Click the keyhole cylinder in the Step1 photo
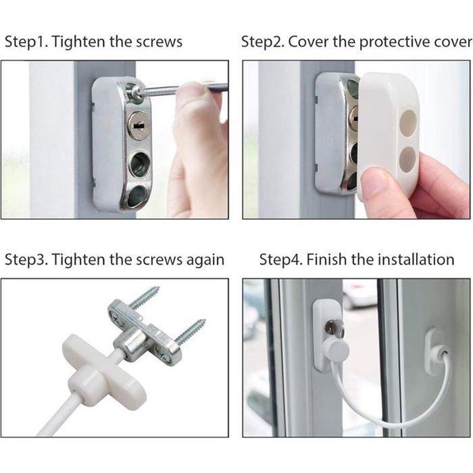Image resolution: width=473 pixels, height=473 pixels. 137,124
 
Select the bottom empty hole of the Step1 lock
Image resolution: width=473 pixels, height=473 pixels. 138,194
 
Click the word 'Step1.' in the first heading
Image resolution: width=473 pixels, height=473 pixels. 26,42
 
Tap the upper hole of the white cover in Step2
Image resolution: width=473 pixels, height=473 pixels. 408,122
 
